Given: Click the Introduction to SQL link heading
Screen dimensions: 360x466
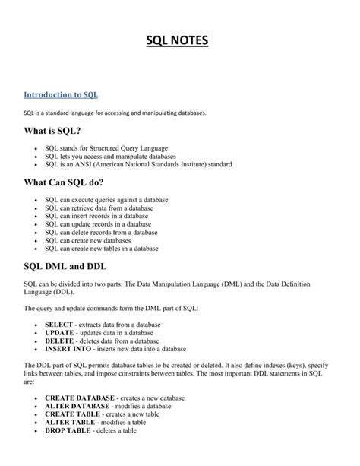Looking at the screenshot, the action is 61,95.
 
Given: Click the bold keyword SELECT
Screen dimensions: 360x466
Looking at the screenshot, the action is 58,324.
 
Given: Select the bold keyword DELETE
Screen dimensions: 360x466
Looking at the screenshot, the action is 59,341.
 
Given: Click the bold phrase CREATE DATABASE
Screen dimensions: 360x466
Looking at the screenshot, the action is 80,398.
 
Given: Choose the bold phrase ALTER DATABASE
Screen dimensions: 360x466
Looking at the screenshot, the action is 77,406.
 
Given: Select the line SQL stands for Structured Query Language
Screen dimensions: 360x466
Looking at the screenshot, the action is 106,147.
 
